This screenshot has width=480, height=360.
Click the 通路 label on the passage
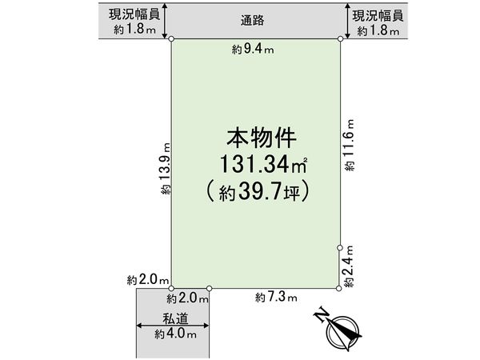256,20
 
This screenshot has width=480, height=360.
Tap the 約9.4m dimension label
253,50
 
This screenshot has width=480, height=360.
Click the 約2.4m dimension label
350,267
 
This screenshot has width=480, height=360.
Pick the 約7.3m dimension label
276,298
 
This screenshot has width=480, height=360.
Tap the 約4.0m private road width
164,335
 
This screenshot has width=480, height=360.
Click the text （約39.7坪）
256,192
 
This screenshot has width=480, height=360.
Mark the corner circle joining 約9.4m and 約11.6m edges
341,38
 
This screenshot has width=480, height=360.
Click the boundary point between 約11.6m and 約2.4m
341,248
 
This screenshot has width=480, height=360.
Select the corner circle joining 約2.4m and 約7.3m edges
341,288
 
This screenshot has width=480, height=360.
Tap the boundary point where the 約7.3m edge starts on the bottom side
210,288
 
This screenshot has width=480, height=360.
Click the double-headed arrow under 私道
174,326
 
